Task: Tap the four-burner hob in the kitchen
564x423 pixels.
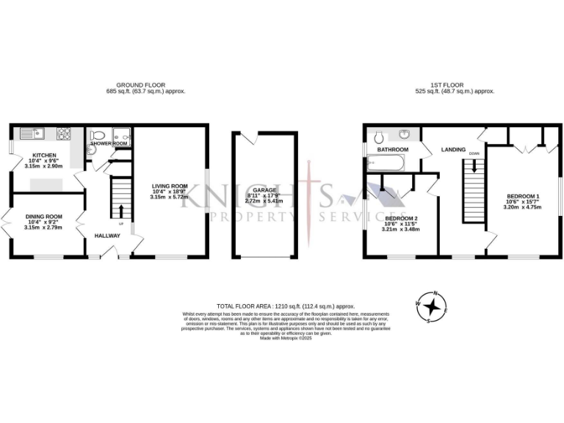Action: pos(64,134)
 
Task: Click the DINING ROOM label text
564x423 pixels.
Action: pos(43,217)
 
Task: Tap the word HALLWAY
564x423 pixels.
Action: pos(107,236)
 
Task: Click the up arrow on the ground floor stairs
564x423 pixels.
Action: pos(121,211)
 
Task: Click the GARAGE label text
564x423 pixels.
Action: pos(264,190)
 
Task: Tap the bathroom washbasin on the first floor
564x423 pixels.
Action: pos(405,135)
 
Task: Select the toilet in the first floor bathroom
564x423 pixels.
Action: pos(379,137)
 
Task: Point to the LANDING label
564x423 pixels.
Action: pos(453,150)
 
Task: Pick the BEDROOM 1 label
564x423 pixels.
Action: pos(523,196)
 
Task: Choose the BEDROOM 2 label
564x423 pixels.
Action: pos(401,218)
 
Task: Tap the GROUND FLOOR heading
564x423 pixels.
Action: pos(145,85)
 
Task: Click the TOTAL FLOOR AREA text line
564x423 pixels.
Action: pos(286,305)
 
